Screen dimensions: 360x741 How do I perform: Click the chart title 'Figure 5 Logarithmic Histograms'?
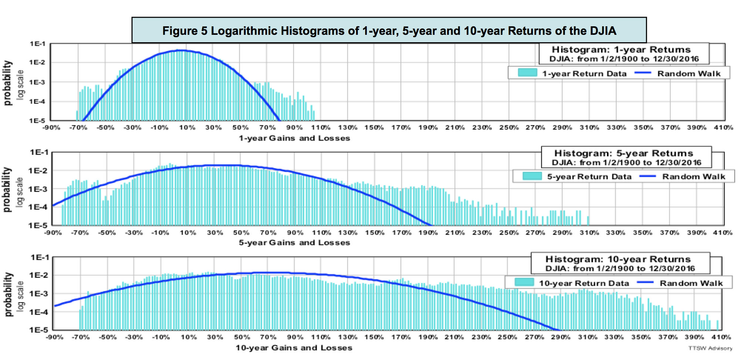coord(389,30)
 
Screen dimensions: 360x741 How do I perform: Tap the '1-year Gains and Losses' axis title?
coord(294,138)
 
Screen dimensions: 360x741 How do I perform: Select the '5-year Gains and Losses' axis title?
coord(294,243)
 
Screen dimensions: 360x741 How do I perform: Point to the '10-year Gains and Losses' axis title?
coord(294,348)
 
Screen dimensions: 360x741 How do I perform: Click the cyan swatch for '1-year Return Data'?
coord(527,73)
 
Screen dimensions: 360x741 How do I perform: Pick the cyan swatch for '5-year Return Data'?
coord(532,176)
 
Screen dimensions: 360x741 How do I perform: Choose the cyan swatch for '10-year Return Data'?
coord(524,283)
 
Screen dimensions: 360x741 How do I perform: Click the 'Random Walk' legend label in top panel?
coord(689,73)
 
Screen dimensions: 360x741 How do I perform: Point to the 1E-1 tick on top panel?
coord(38,44)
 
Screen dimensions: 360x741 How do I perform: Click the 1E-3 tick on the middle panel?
coord(38,189)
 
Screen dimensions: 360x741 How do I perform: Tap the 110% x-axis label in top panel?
coord(321,128)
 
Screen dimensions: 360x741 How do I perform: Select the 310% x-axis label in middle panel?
coord(589,233)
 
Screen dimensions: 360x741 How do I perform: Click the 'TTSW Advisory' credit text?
coord(710,348)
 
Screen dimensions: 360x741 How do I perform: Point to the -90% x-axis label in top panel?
coord(51,128)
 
